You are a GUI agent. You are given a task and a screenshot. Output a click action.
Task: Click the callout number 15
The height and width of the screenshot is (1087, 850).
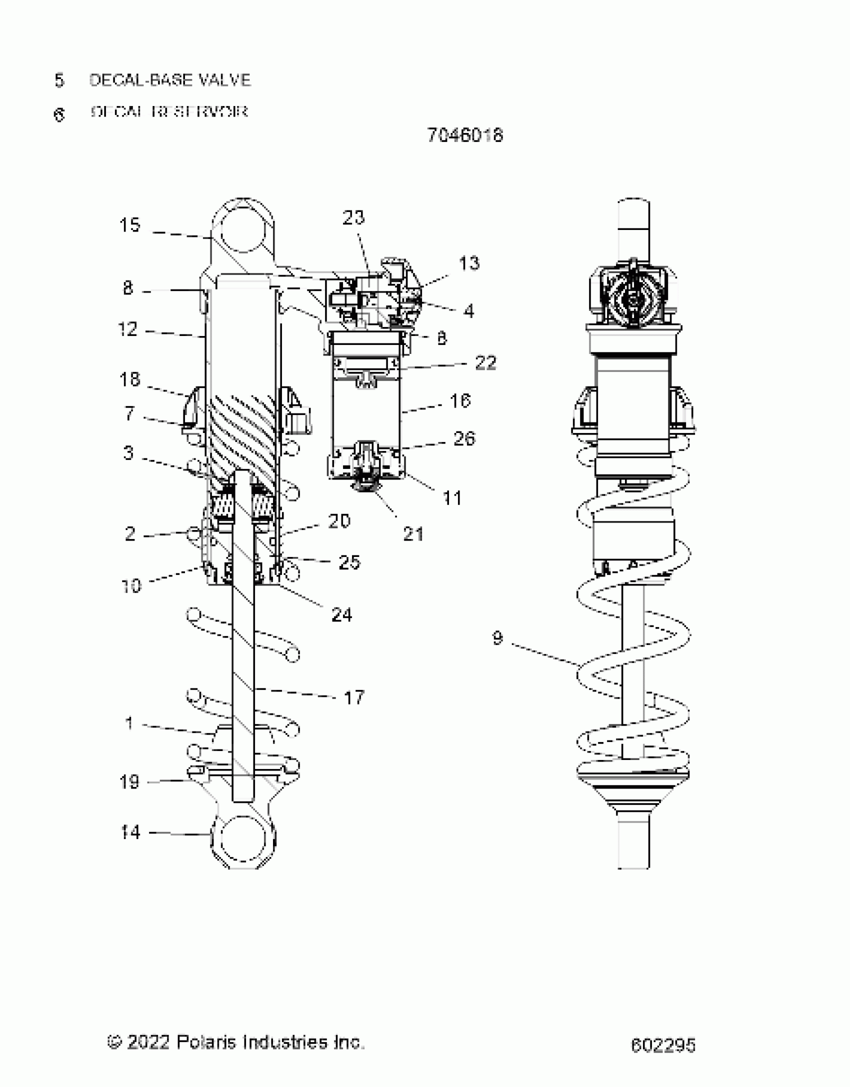(x=129, y=225)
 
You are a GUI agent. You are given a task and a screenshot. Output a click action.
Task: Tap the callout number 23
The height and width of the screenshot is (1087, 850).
(x=353, y=217)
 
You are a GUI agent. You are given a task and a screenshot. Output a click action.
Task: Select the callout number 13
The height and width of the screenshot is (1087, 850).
(x=469, y=263)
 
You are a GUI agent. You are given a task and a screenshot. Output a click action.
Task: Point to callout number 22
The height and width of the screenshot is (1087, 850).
(x=485, y=362)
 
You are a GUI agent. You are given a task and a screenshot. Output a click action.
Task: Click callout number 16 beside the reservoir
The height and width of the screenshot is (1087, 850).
(x=460, y=400)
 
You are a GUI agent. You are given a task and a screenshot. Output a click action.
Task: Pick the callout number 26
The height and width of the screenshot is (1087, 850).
(x=464, y=438)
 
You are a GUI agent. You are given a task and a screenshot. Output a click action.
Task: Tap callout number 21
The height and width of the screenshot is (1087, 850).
(x=413, y=534)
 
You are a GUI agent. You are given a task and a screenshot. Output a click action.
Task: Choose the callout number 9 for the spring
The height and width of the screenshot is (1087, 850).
(x=497, y=638)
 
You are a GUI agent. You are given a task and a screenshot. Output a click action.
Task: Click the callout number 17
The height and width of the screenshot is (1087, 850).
(x=354, y=697)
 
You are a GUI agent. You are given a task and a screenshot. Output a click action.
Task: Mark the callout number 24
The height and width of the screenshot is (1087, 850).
(x=341, y=614)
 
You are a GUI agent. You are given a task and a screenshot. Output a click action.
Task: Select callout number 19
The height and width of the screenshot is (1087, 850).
(x=129, y=781)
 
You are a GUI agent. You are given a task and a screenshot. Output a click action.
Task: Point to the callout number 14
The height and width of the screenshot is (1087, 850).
(x=130, y=832)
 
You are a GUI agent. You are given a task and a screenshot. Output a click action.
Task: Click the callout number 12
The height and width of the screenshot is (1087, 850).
(x=127, y=329)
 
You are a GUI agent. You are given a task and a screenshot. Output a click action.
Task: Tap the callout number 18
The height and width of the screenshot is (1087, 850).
(x=129, y=379)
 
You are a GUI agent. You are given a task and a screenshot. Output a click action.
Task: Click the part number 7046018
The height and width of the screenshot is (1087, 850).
(x=465, y=135)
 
